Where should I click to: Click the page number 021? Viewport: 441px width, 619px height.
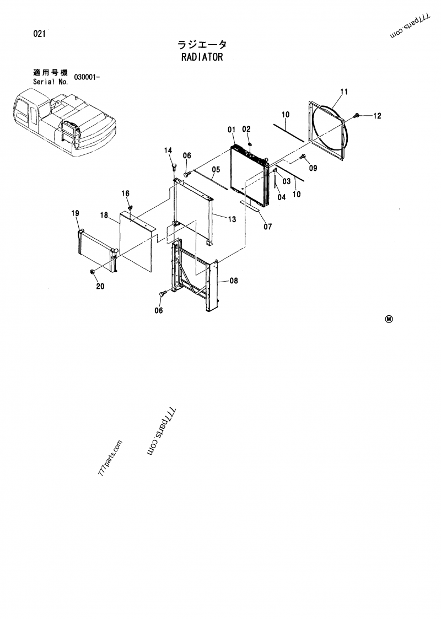point(39,34)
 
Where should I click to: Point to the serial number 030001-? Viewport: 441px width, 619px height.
point(85,78)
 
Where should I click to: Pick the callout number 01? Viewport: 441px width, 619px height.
point(232,130)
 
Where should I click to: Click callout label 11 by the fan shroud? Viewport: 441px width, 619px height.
point(343,91)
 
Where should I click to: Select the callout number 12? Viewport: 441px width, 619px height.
point(377,116)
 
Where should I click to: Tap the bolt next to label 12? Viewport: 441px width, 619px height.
point(357,115)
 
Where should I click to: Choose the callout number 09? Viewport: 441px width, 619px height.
point(313,168)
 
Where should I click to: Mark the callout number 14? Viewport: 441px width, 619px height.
point(168,150)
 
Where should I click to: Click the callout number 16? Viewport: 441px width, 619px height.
point(126,193)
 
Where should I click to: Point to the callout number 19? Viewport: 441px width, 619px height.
point(75,213)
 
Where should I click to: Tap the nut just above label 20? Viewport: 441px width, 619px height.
point(92,272)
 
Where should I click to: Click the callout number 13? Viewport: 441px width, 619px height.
point(232,219)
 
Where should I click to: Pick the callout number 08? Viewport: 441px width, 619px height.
point(233,281)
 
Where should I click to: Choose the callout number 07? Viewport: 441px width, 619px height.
point(267,225)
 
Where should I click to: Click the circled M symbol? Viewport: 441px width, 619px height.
point(389,319)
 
